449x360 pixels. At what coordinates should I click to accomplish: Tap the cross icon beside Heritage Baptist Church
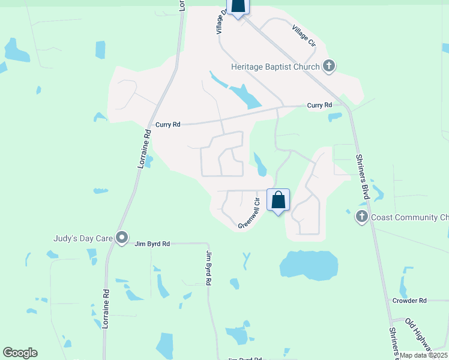[x=329, y=66]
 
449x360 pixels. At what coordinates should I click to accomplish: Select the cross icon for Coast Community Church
[x=361, y=217]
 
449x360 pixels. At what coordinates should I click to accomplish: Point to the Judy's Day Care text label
[x=82, y=238]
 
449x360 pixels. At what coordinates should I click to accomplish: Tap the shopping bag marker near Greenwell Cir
[x=279, y=201]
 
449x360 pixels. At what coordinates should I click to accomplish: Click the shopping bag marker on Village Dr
[x=238, y=5]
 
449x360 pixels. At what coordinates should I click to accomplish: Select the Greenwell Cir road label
[x=249, y=214]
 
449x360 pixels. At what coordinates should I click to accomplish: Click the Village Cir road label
[x=304, y=35]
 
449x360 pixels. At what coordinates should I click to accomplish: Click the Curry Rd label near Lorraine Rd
[x=167, y=125]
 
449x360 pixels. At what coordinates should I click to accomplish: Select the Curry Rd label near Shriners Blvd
[x=319, y=105]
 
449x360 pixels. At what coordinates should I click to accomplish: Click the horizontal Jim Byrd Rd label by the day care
[x=152, y=244]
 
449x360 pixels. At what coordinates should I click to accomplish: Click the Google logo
[x=20, y=353]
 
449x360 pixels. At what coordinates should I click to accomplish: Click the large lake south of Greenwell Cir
[x=309, y=265]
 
